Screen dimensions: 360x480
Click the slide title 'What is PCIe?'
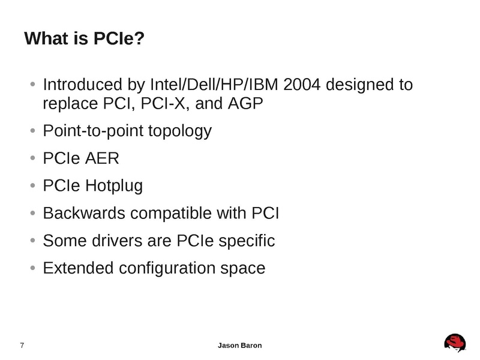85,40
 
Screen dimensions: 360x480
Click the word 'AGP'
246,104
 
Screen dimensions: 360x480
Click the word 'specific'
245,241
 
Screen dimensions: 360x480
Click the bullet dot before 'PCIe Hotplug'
32,186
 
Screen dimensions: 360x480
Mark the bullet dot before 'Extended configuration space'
32,268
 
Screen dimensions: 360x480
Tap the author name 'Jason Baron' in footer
239,346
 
